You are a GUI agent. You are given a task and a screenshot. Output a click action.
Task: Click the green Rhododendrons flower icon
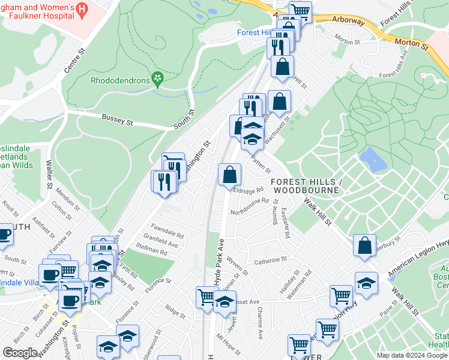(158, 78)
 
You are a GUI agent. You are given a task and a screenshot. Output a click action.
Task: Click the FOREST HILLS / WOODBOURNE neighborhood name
(306, 185)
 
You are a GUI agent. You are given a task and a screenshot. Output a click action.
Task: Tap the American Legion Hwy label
(418, 258)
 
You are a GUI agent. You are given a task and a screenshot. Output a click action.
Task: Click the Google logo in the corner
(20, 353)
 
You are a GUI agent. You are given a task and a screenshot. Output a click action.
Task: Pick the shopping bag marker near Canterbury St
(365, 245)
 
